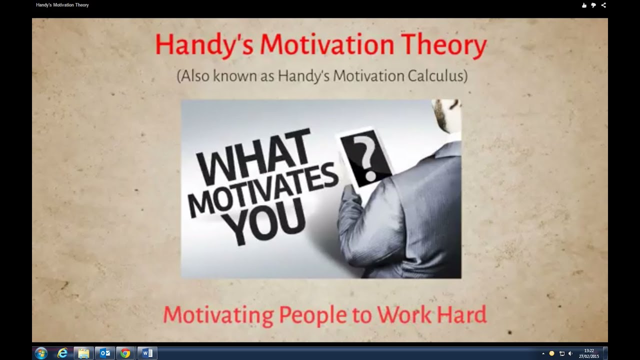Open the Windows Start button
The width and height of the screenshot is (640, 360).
pyautogui.click(x=41, y=353)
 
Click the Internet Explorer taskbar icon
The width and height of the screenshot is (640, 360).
pyautogui.click(x=62, y=353)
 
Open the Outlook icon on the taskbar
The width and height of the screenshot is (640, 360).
pyautogui.click(x=105, y=353)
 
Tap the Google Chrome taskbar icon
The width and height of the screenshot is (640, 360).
pyautogui.click(x=125, y=353)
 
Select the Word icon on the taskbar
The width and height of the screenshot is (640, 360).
pyautogui.click(x=147, y=353)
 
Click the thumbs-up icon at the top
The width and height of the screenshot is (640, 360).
pyautogui.click(x=583, y=5)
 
